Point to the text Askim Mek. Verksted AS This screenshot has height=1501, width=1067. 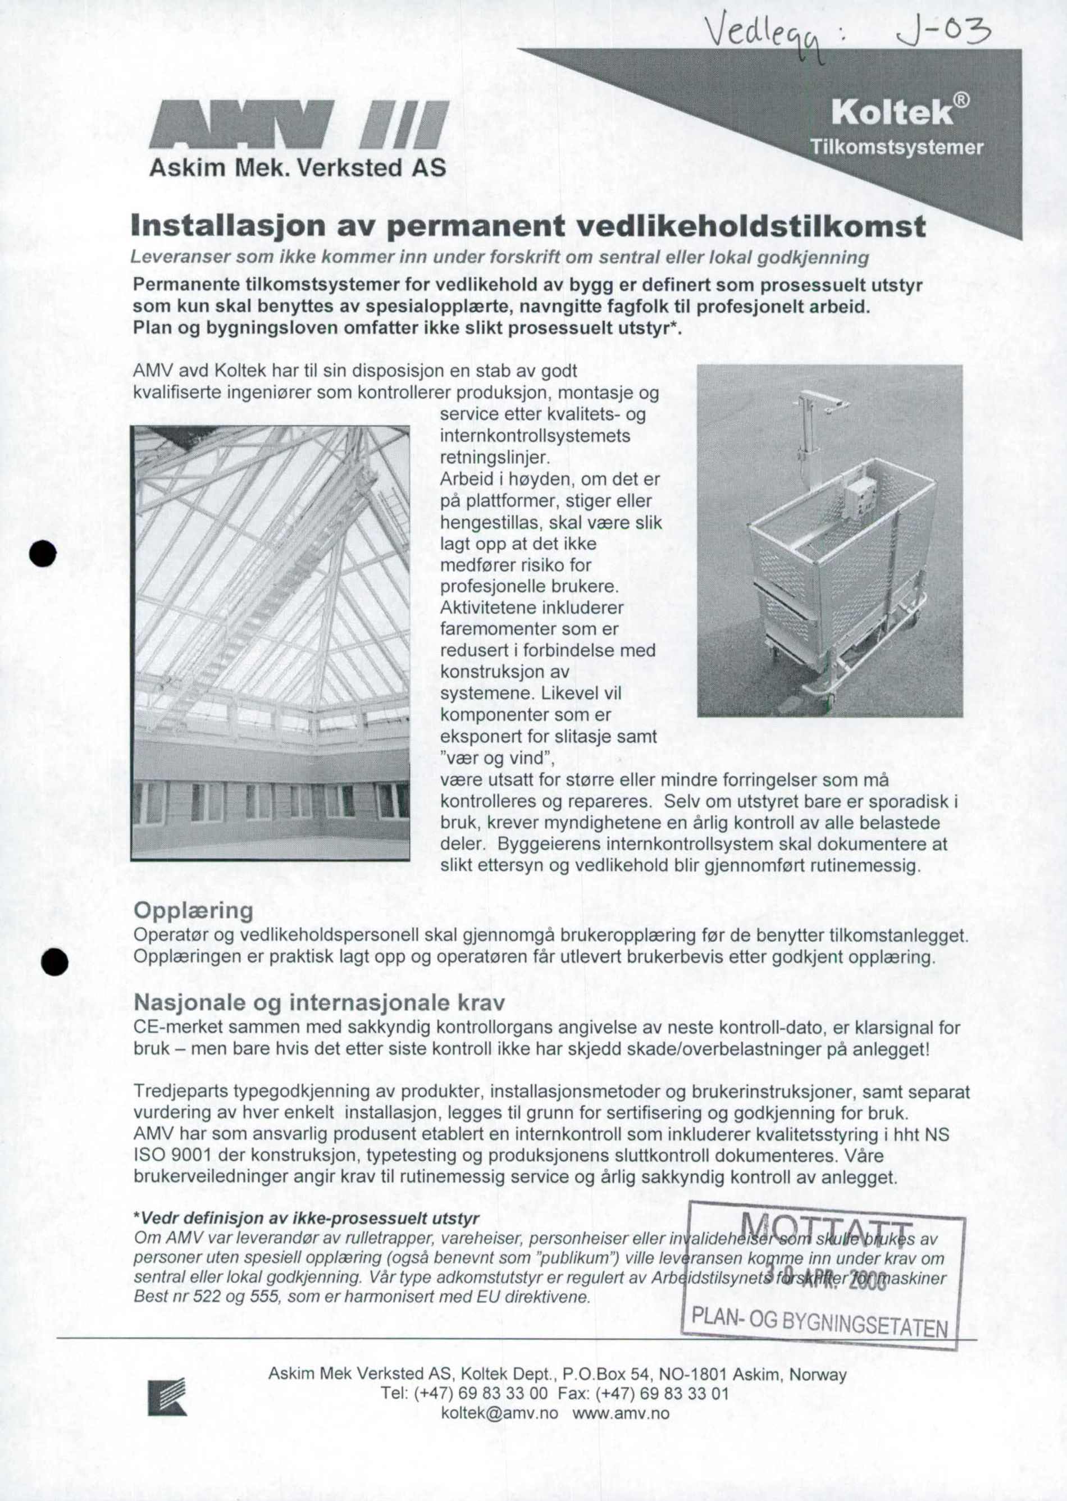tap(298, 167)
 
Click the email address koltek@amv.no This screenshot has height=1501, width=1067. tap(499, 1412)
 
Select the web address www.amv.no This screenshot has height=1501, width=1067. tap(621, 1412)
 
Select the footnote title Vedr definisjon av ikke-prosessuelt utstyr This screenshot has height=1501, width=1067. tap(306, 1219)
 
